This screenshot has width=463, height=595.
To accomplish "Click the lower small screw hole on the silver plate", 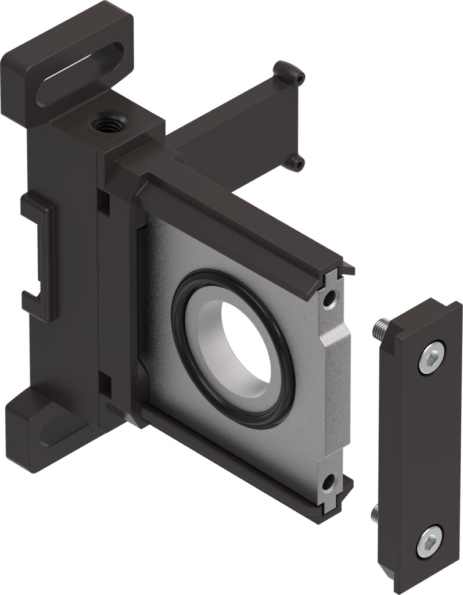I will coord(329,482).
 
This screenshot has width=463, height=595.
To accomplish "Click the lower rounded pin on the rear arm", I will coord(297,163).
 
